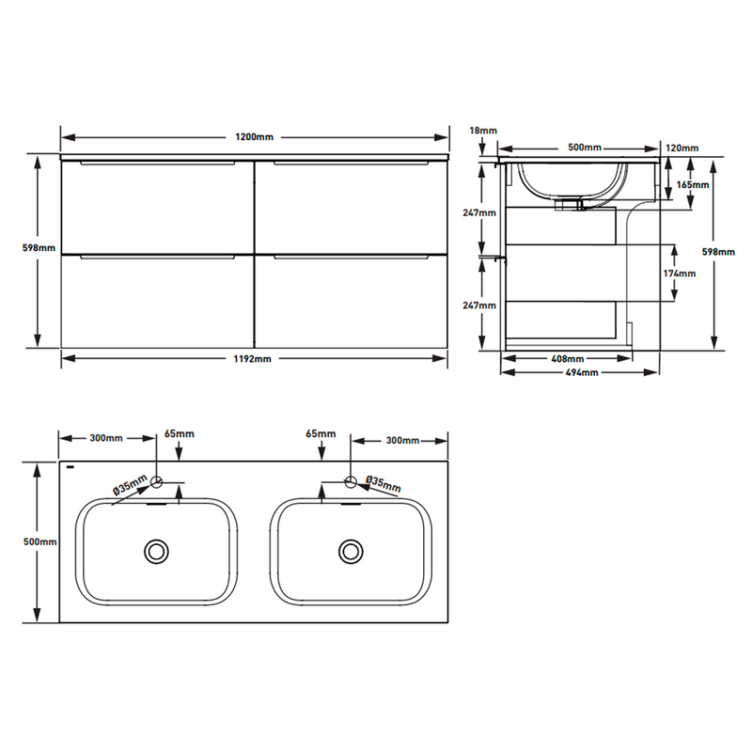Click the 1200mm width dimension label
click(x=254, y=136)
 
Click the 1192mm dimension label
click(x=253, y=359)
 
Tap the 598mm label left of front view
click(x=39, y=248)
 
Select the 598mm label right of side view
click(x=717, y=251)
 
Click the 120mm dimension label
click(x=681, y=149)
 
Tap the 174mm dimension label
click(x=680, y=274)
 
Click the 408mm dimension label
click(x=567, y=359)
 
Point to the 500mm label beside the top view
click(x=39, y=542)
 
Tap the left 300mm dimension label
click(x=106, y=439)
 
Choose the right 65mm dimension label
click(x=321, y=434)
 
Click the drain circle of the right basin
click(x=352, y=550)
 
